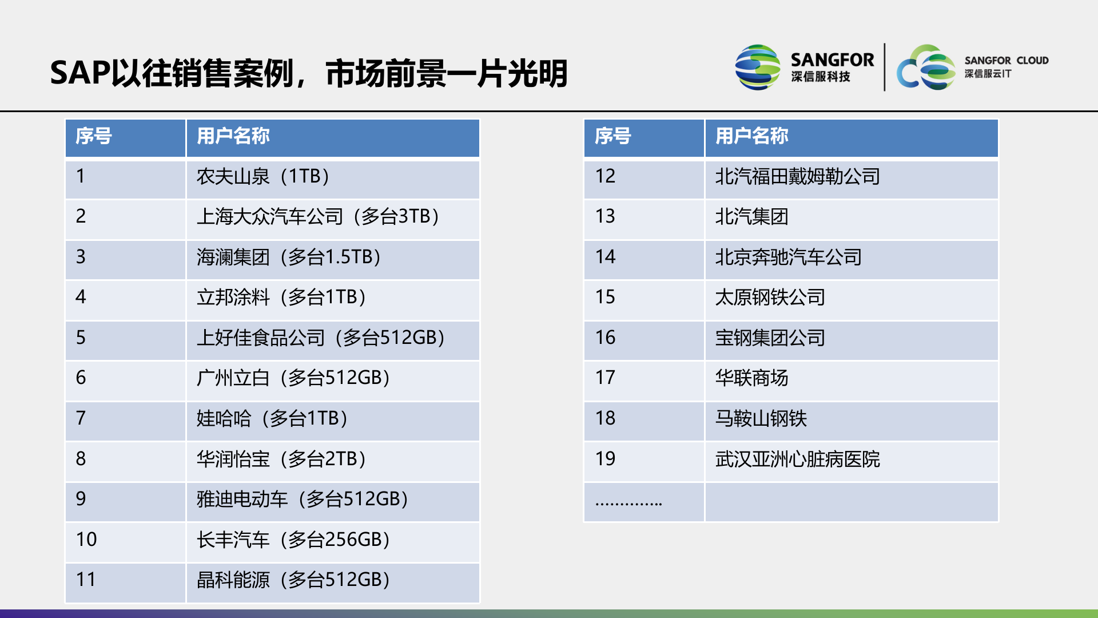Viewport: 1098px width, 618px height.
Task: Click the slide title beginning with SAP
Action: (309, 73)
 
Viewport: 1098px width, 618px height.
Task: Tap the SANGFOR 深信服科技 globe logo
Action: (757, 68)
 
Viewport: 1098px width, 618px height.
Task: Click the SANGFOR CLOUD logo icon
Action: (925, 68)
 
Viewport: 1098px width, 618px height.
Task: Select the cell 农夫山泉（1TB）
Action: (263, 176)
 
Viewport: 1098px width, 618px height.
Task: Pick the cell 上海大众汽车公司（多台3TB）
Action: (318, 217)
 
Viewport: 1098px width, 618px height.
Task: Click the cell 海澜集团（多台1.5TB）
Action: (289, 257)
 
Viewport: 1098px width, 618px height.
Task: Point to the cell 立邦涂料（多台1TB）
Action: (281, 298)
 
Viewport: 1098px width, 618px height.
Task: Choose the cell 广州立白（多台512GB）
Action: (293, 378)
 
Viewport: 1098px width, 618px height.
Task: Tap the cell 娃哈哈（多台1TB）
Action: (272, 418)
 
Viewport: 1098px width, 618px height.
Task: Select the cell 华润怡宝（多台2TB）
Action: (281, 459)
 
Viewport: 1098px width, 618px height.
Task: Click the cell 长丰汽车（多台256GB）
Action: (293, 540)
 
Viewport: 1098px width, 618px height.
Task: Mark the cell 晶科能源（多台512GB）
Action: (293, 580)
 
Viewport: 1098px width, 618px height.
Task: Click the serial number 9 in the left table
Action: (81, 499)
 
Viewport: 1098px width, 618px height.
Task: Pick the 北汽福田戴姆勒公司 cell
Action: (797, 176)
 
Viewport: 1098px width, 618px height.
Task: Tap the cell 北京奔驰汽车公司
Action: (788, 257)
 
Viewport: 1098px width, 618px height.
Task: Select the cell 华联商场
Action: (751, 378)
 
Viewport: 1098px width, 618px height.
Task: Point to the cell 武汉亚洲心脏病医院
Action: (797, 459)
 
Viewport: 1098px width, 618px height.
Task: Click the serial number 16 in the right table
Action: (605, 338)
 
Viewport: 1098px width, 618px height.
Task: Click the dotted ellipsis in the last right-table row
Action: (628, 504)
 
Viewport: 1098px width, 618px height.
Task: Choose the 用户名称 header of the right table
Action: (751, 136)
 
